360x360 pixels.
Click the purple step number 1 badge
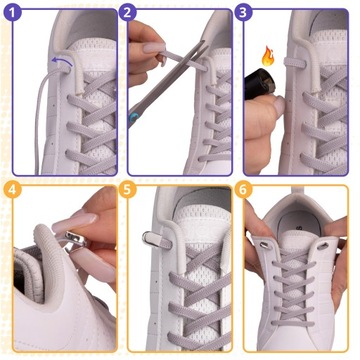13,13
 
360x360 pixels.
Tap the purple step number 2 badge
127,13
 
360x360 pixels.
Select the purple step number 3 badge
243,13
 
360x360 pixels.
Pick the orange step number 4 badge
13,190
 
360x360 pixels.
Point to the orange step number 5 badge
127,190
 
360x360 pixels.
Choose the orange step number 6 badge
243,190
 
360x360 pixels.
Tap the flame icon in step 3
268,56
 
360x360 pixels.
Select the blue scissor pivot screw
134,117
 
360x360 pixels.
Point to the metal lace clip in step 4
75,239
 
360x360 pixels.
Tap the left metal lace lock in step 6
265,245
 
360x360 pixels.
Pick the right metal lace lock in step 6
323,246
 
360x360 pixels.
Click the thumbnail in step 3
279,105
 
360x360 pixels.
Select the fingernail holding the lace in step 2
154,47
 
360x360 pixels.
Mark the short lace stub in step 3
294,63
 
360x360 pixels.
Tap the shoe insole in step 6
299,227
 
